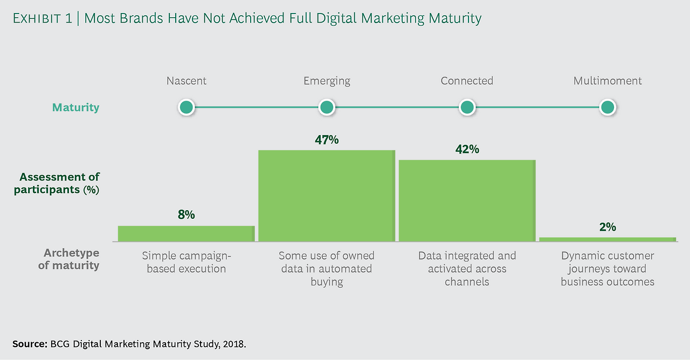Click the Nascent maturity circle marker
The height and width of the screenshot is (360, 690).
coord(186,107)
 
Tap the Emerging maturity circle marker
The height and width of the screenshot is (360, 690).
coord(327,107)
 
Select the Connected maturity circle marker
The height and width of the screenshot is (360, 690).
coord(467,107)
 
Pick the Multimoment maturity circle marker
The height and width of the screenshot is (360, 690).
coord(608,107)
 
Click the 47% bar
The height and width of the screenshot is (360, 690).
coord(327,196)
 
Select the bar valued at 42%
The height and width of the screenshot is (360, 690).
coord(467,200)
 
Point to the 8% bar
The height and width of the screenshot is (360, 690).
coord(186,233)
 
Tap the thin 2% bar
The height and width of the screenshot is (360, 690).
coord(608,239)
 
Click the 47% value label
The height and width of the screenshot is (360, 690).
coord(327,140)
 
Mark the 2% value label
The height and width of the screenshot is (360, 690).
coord(608,227)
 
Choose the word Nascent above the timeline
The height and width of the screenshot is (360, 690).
coord(186,81)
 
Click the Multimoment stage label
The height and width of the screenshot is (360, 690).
coord(608,81)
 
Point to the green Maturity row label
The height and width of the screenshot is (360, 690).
coord(75,107)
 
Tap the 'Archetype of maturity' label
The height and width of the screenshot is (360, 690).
coord(69,259)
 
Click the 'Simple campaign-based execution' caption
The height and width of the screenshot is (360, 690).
coord(186,262)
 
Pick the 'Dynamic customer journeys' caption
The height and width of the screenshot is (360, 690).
coord(608,268)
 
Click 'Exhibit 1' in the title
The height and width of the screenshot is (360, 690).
coord(43,19)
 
